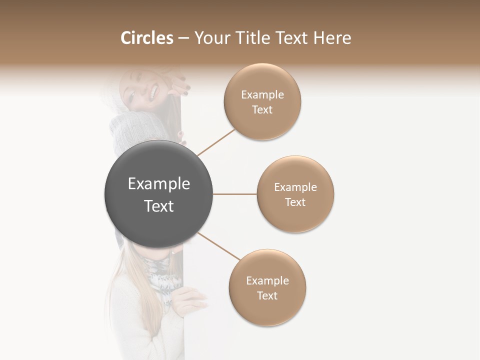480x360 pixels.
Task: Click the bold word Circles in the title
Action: pyautogui.click(x=147, y=38)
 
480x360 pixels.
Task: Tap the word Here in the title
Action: pyautogui.click(x=332, y=38)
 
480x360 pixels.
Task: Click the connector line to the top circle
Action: pyautogui.click(x=216, y=142)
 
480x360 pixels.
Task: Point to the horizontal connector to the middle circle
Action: pyautogui.click(x=234, y=194)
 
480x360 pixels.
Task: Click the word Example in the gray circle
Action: pyautogui.click(x=159, y=184)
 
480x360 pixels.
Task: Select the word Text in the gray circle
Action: pyautogui.click(x=159, y=206)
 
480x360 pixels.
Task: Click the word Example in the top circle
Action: pyautogui.click(x=262, y=95)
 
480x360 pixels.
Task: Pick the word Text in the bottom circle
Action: pyautogui.click(x=267, y=295)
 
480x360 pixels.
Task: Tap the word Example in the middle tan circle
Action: pyautogui.click(x=295, y=187)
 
